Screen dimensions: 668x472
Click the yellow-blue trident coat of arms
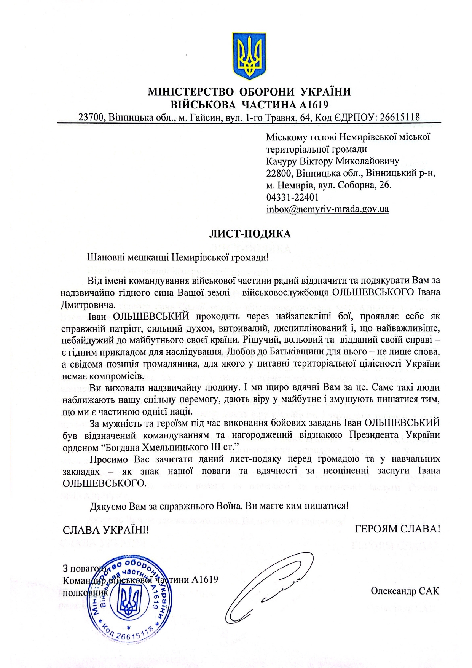click(x=249, y=56)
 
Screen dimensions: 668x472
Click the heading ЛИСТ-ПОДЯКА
click(x=250, y=234)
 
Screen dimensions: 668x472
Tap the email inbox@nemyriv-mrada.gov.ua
click(x=327, y=209)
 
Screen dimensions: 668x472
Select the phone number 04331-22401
click(x=292, y=197)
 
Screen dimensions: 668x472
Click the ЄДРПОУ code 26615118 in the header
click(x=397, y=117)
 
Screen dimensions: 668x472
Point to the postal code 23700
click(x=91, y=117)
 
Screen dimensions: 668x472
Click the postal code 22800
click(x=279, y=173)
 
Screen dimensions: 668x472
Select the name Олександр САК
click(x=405, y=591)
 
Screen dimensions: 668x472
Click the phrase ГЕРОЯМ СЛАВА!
click(x=397, y=529)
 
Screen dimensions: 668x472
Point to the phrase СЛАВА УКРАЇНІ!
click(x=106, y=530)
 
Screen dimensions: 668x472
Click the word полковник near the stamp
click(x=85, y=593)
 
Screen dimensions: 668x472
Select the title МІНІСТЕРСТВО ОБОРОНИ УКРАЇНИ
click(x=249, y=92)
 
